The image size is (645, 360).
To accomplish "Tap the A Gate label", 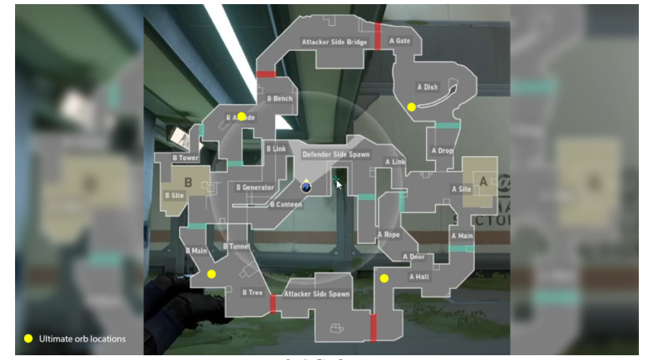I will pos(399,41).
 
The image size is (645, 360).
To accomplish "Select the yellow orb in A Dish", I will pos(411,107).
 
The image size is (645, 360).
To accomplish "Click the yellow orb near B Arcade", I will pos(241,116).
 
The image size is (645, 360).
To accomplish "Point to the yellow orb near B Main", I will pos(211,274).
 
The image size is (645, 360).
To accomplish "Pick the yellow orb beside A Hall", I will pos(384,278).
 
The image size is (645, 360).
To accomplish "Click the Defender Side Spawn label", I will pos(336,155).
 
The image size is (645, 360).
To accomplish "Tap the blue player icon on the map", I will pos(305,185).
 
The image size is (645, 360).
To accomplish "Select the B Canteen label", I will pos(286,205).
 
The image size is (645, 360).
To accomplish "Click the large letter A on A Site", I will pos(483,181).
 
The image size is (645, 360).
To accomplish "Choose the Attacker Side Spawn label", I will pos(317,294).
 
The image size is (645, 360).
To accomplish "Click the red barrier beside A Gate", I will pos(377,36).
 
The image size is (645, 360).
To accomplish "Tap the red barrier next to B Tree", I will pos(274,303).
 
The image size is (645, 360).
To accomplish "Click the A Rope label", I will pos(389,235).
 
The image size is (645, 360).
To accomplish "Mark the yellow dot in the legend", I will pos(28,339).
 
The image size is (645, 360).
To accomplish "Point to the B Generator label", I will pos(254,188).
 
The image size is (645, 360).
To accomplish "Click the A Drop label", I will pos(442,151).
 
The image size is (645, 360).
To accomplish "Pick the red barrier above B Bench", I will pos(266,74).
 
